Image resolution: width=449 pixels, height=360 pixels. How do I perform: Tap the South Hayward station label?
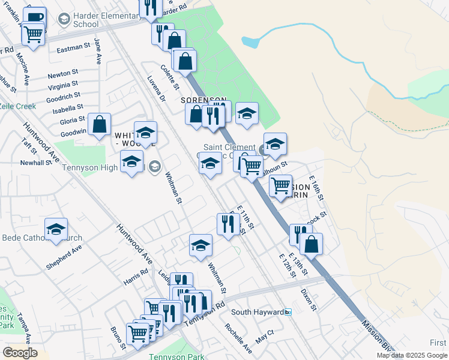click(x=258, y=312)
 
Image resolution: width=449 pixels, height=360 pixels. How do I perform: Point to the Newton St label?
click(x=63, y=74)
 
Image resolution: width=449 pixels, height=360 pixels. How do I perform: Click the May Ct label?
click(x=264, y=335)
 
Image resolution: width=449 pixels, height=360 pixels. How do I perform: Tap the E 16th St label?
click(x=316, y=188)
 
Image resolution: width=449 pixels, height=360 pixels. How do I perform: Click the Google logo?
click(x=20, y=353)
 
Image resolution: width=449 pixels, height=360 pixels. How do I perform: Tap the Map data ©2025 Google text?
click(x=411, y=355)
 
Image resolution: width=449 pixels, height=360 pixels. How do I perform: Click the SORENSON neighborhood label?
click(x=205, y=100)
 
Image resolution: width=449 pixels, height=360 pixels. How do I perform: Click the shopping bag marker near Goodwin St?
click(x=100, y=125)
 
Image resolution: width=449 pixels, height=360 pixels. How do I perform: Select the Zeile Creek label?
click(x=17, y=106)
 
